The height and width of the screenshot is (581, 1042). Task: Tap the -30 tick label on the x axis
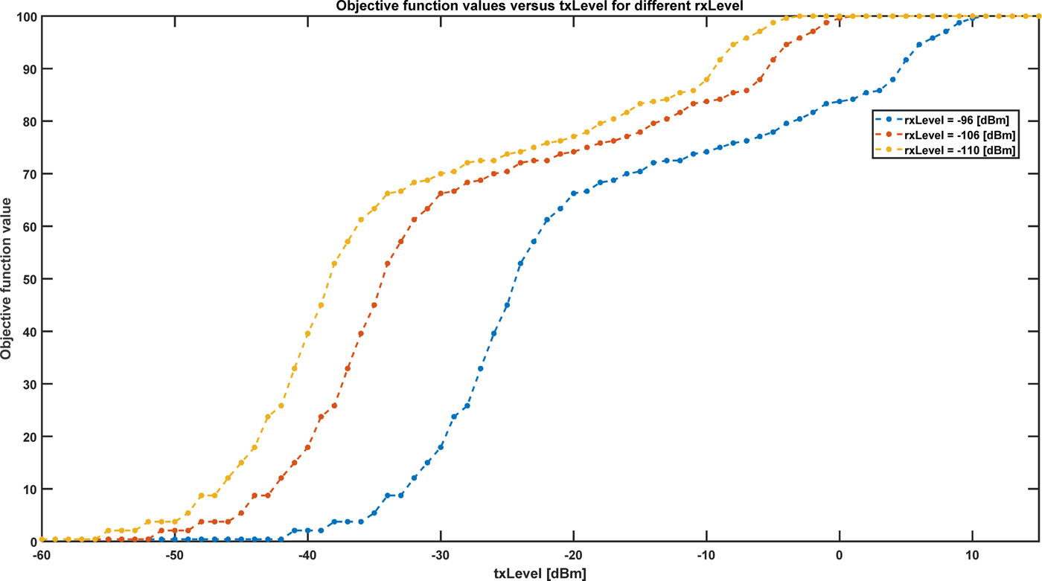tap(441, 555)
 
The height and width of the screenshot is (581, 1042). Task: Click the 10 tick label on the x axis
tap(972, 555)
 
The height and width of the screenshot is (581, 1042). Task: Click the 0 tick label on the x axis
tap(840, 555)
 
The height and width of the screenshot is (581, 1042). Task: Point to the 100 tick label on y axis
tap(23, 16)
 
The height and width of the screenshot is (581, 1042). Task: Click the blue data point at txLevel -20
tap(574, 193)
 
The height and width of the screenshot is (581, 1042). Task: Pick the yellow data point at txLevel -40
tap(308, 334)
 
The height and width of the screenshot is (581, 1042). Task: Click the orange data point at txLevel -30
tap(441, 193)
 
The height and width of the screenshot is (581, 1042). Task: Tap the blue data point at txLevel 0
tap(840, 101)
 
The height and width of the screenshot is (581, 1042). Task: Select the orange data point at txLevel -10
tap(706, 101)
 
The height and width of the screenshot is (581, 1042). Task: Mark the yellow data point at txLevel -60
tap(42, 539)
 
